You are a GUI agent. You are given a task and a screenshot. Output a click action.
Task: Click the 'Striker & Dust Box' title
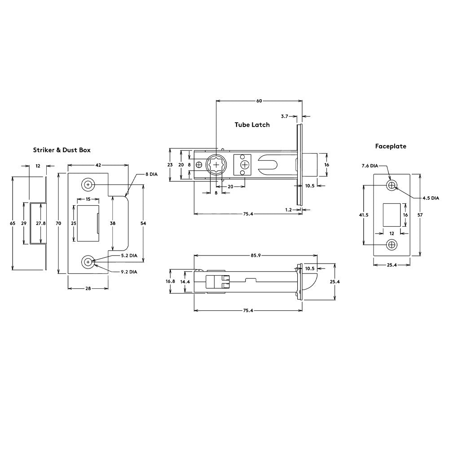(62, 150)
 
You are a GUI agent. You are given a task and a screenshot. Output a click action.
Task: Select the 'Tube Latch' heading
(252, 124)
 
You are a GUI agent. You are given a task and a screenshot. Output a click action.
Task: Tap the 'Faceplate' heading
(391, 146)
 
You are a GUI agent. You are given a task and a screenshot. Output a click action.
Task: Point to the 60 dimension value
(259, 101)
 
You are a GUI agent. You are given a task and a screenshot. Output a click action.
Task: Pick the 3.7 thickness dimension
(284, 116)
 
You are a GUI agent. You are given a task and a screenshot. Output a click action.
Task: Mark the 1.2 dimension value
(288, 209)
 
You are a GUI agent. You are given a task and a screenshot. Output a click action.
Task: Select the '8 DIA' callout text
(151, 173)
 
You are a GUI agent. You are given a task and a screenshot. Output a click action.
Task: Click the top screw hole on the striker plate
(88, 185)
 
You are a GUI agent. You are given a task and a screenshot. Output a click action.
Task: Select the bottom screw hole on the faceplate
(392, 244)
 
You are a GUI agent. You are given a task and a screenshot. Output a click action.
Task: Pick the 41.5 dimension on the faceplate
(364, 215)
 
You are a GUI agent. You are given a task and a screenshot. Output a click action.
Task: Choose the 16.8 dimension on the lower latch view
(170, 281)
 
